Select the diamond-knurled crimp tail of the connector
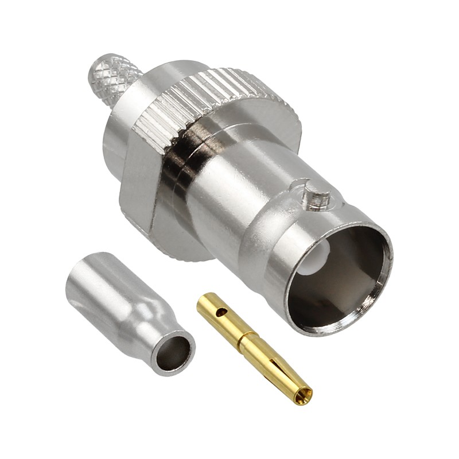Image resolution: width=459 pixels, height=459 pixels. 115,74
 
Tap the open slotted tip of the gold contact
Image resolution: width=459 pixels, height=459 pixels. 304,394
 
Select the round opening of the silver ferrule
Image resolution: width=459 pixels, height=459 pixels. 173,352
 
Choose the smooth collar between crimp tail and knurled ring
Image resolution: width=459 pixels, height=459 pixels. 123,115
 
